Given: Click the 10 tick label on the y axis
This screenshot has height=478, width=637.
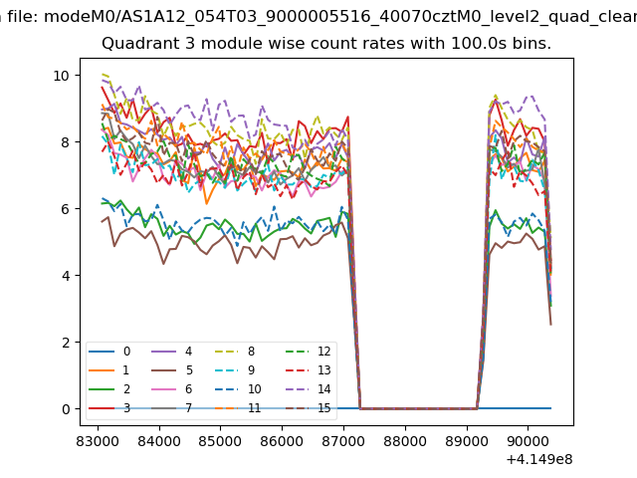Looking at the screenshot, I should (x=60, y=76).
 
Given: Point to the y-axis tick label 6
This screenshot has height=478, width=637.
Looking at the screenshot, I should (x=64, y=209).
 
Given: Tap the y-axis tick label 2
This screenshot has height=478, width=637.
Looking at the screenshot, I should (x=64, y=343).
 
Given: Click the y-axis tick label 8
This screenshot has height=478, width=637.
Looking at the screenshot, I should (x=64, y=142).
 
